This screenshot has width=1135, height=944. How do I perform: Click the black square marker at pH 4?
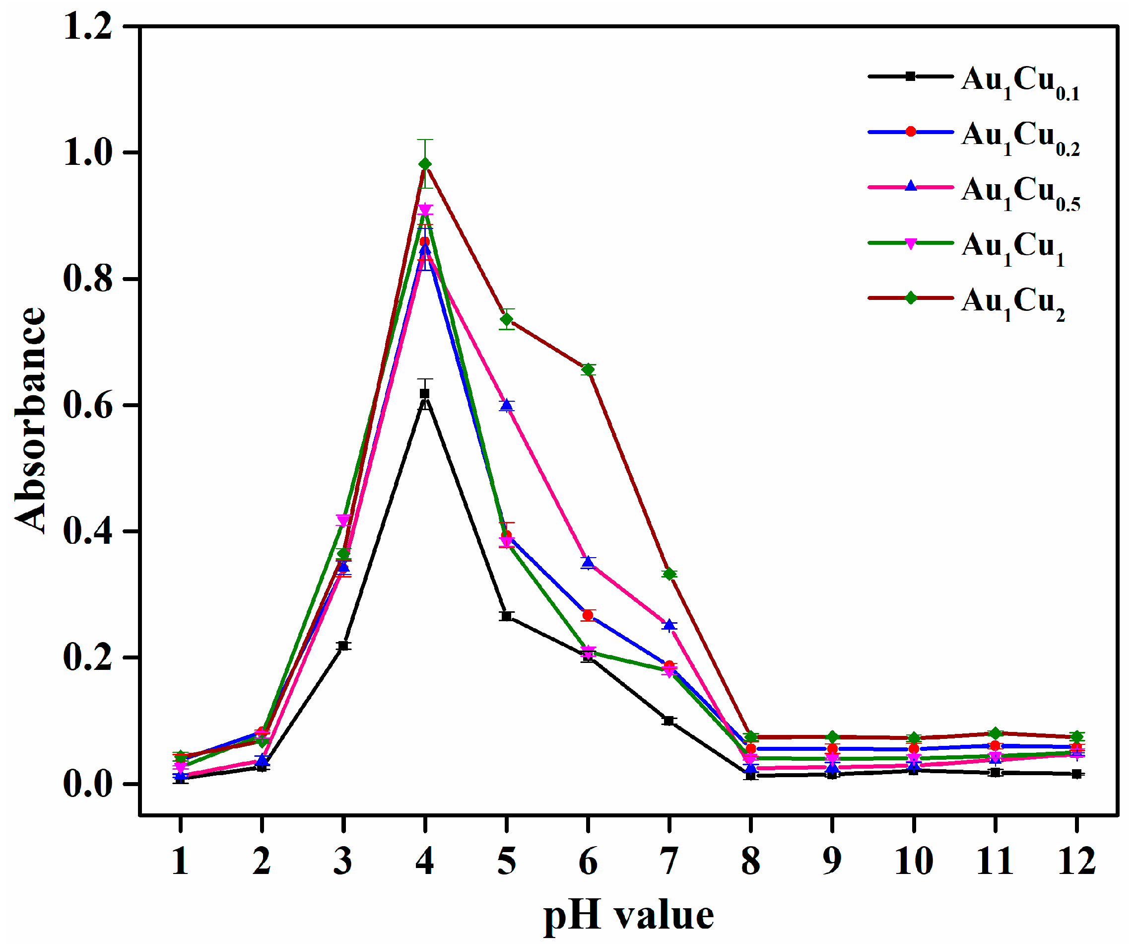point(425,394)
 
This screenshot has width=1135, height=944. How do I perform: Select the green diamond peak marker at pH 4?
point(425,164)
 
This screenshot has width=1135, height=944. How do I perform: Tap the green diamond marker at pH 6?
point(588,370)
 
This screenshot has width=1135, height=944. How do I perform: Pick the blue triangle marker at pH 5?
point(506,405)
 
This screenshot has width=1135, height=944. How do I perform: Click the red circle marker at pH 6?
point(588,615)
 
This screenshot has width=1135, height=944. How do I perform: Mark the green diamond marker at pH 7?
point(669,574)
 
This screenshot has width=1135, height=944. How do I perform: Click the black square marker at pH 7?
point(669,721)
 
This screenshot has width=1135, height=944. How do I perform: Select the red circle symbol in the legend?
point(911,132)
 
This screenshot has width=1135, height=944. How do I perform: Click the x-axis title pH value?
point(629,916)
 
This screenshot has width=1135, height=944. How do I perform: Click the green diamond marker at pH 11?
point(996,733)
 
